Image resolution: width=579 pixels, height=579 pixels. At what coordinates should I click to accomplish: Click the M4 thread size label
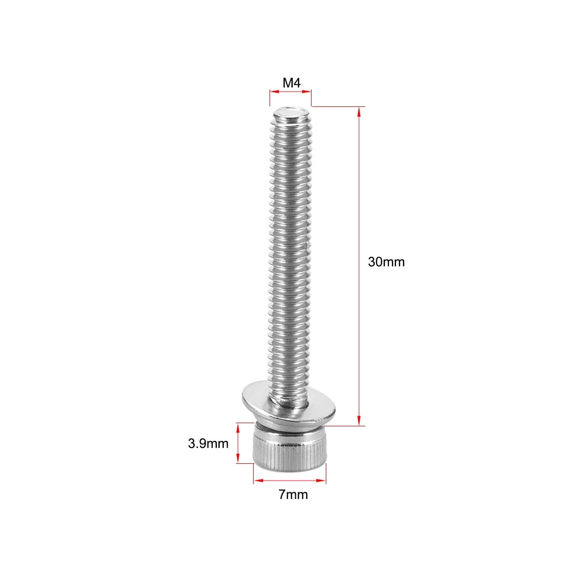[292, 83]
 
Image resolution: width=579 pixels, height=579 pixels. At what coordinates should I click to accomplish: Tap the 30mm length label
[386, 262]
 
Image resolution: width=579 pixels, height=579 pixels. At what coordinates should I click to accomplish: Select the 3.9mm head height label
[208, 443]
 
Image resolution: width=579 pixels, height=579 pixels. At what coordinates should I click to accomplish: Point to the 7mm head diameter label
[293, 494]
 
